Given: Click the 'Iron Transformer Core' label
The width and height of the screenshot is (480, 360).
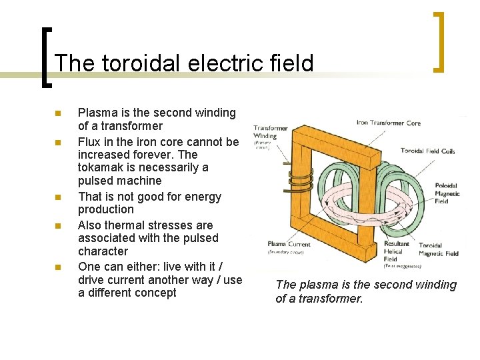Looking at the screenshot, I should (389, 123).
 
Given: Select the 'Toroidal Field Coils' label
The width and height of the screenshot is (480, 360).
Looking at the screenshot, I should (427, 151).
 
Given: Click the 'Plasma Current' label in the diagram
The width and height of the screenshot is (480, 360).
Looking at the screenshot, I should (289, 244).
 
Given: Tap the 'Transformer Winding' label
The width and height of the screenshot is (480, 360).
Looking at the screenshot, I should (270, 132).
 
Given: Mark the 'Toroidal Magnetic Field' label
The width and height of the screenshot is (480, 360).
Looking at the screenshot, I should (438, 249).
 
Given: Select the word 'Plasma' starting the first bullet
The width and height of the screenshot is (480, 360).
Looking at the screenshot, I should (97, 113).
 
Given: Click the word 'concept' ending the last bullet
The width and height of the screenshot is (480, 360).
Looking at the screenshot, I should (154, 293).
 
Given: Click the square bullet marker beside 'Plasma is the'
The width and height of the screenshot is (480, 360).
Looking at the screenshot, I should (58, 113).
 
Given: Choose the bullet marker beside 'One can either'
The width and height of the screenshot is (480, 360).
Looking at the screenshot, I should (58, 267).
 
